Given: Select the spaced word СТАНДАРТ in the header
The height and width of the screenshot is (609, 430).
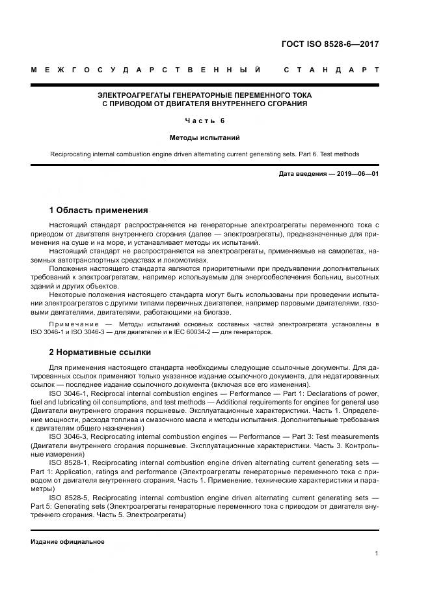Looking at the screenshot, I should click(332, 70).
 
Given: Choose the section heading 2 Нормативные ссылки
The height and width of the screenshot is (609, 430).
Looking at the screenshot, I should click(100, 352).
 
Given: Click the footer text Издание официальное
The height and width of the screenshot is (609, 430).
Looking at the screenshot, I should click(68, 541).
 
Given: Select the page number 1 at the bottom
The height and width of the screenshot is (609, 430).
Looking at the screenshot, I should click(377, 553).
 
